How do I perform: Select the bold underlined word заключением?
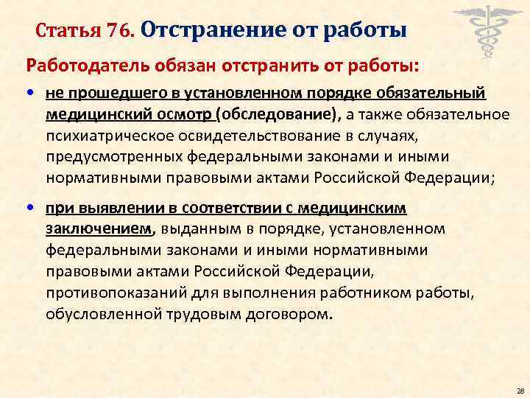coord(101,230)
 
